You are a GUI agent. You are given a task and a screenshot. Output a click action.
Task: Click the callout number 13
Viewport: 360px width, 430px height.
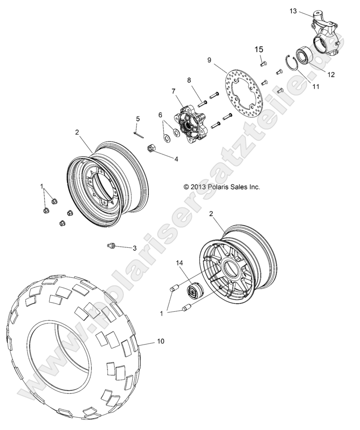(293, 11)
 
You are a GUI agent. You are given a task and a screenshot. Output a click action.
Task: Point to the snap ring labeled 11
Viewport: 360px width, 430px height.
(292, 63)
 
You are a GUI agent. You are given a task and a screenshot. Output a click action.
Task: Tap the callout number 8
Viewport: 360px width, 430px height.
(189, 80)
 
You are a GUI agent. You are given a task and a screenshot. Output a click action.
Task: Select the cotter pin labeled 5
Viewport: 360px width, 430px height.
(138, 133)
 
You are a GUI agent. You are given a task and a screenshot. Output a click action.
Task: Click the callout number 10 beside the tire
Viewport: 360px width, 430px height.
(160, 342)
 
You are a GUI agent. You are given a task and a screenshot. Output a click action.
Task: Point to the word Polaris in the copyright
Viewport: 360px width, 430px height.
(219, 186)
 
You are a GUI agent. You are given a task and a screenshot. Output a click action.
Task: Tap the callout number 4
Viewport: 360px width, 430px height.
(176, 159)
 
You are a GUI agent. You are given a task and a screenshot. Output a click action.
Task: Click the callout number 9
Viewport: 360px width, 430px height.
(209, 60)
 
